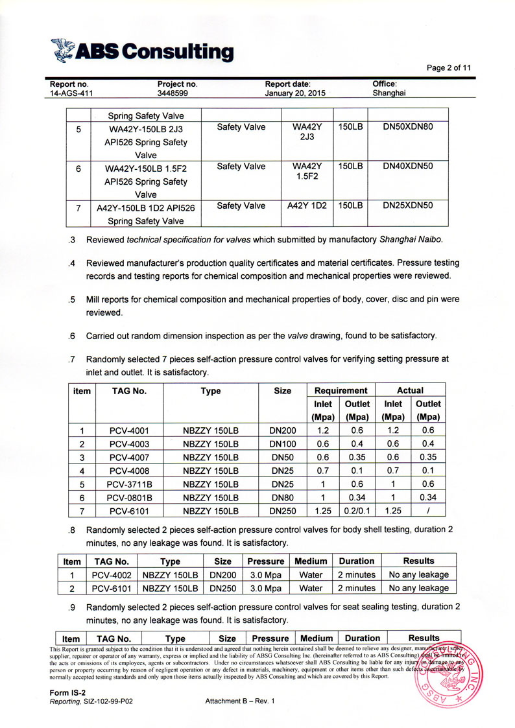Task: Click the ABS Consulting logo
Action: tap(142, 51)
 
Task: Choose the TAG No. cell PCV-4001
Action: tap(130, 429)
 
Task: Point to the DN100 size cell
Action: tap(283, 443)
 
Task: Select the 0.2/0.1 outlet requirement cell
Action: tap(357, 511)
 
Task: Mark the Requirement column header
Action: tap(341, 390)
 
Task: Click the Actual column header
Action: tap(410, 390)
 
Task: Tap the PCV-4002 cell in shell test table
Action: tap(112, 574)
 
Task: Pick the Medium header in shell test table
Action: tap(311, 561)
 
